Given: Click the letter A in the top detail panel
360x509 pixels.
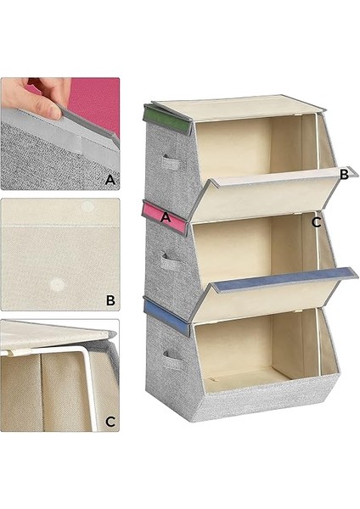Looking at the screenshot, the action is (110, 180).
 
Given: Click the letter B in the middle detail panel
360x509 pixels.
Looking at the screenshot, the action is (110, 300).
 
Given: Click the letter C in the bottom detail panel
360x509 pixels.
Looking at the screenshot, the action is (110, 422).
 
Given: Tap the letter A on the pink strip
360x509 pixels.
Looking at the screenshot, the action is (166, 217).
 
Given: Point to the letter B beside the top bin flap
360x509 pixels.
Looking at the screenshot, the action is (344, 175).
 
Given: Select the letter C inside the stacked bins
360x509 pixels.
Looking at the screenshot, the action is (316, 222).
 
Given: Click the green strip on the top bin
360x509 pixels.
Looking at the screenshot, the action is (166, 120).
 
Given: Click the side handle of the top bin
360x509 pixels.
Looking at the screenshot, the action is (171, 162).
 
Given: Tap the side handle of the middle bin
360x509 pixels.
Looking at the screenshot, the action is (172, 262).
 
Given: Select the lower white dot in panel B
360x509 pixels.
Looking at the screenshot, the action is (57, 285).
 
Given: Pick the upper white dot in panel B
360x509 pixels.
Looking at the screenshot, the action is (87, 206).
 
